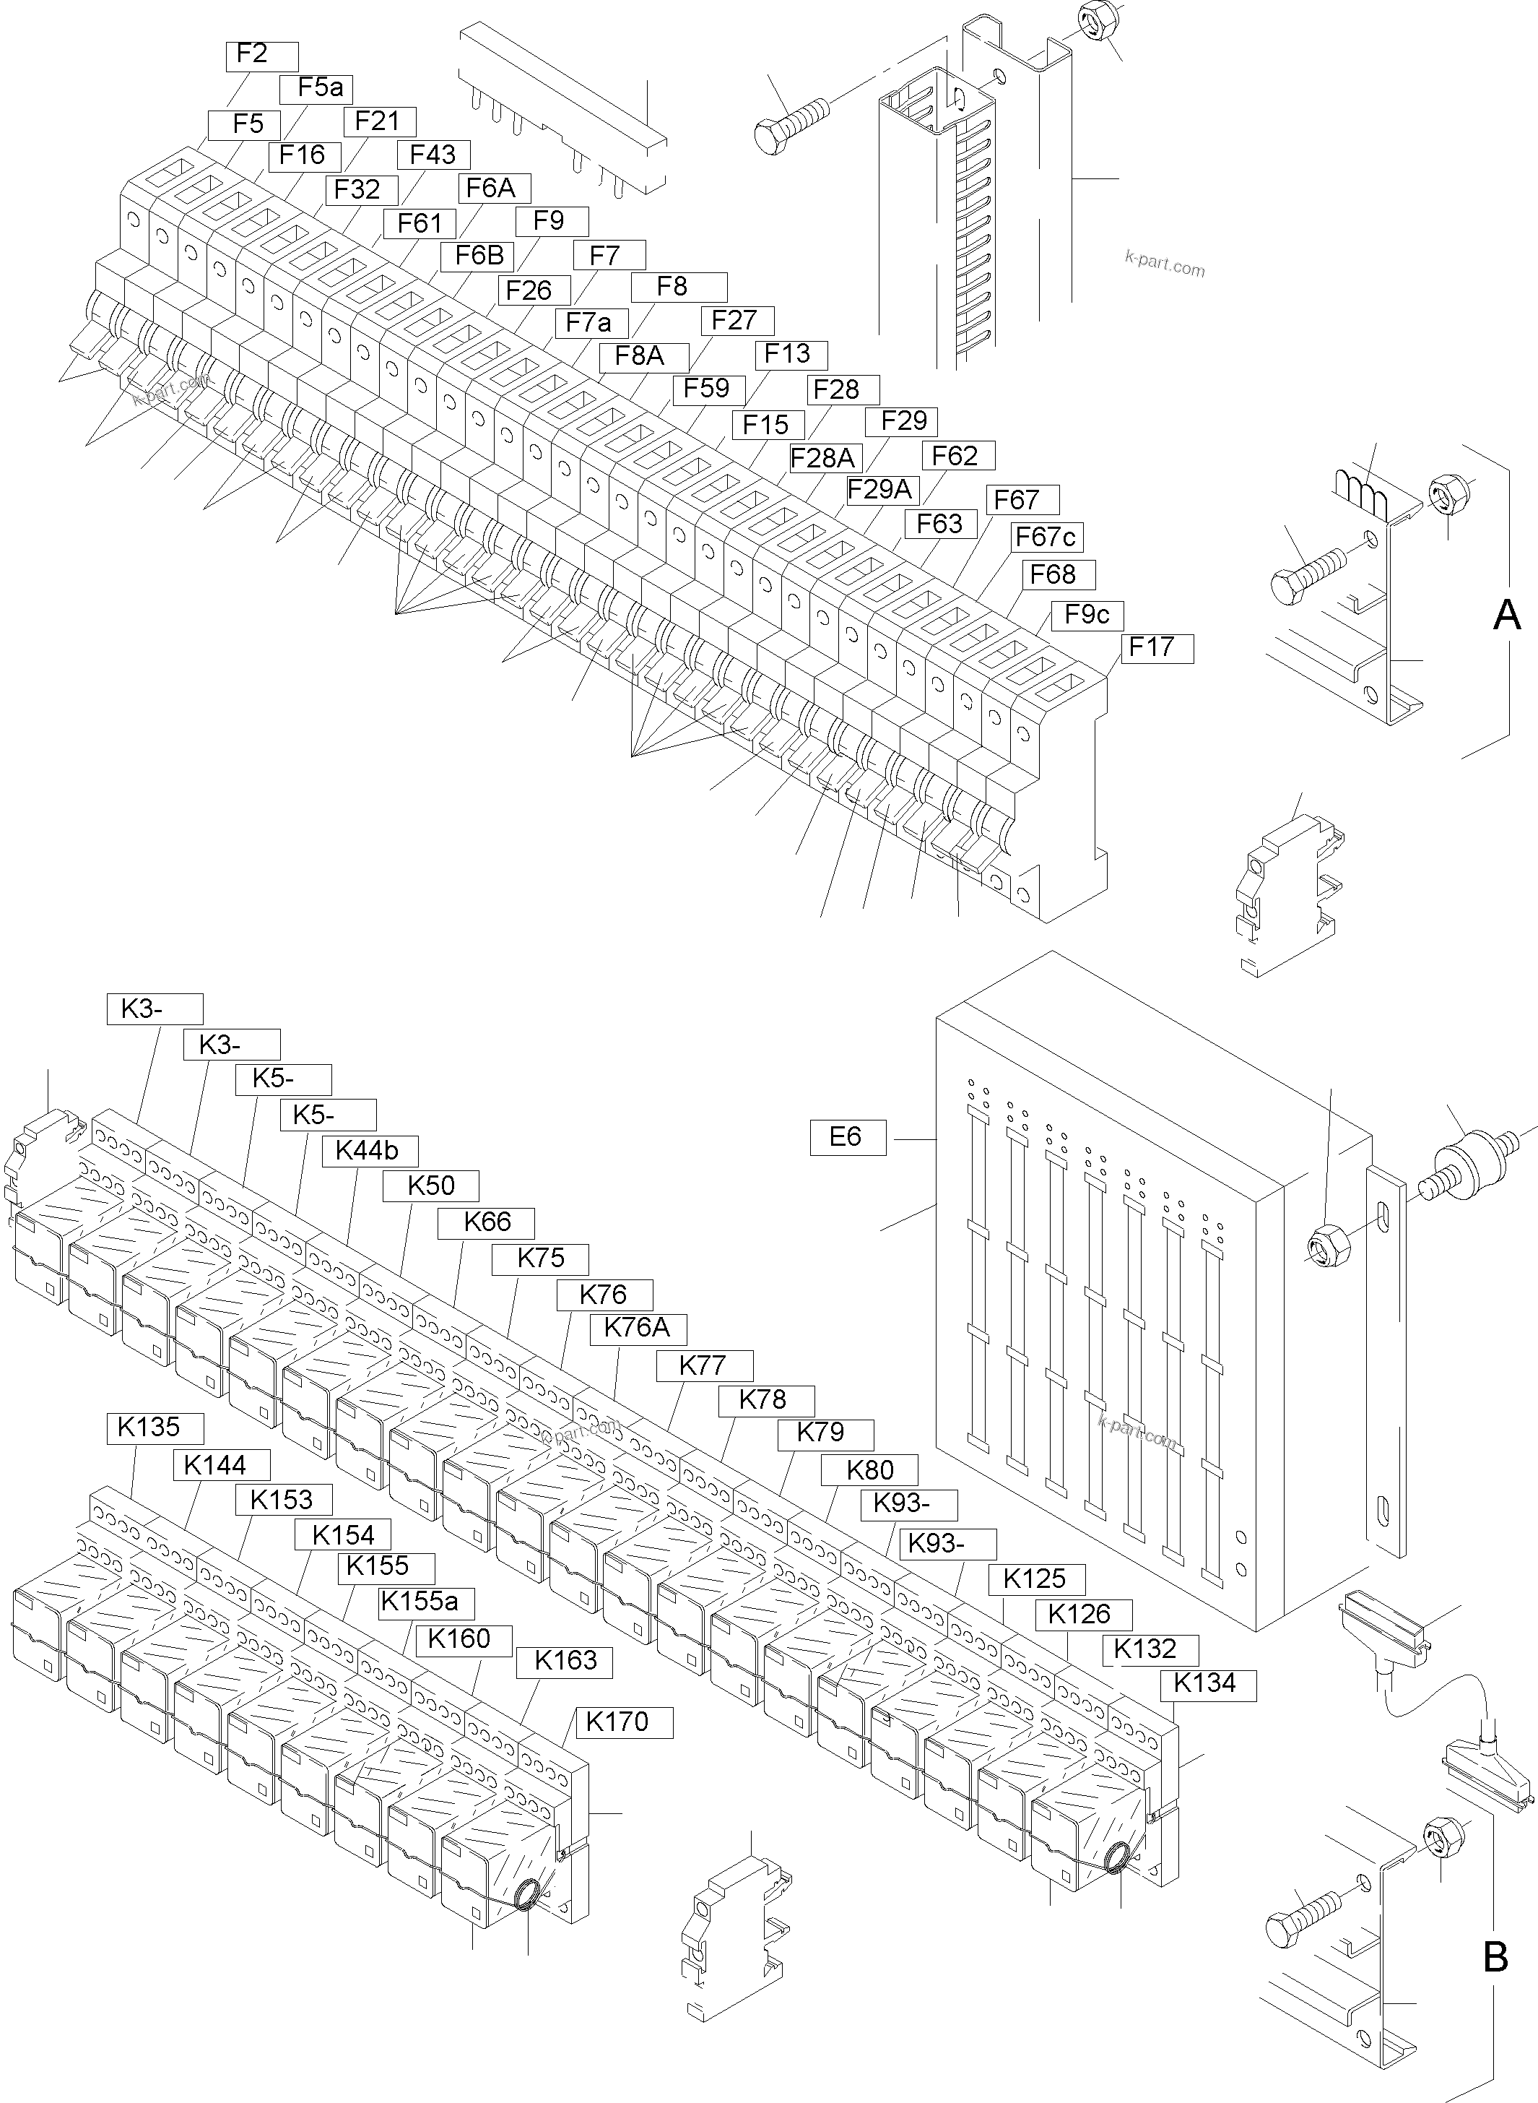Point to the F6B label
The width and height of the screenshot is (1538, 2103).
tap(479, 255)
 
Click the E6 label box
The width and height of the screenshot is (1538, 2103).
tap(847, 1136)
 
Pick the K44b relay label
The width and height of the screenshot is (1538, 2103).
tap(370, 1150)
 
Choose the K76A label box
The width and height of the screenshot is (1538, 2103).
tap(638, 1327)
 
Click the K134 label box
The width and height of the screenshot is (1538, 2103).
tap(1207, 1683)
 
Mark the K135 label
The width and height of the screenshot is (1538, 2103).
tap(155, 1427)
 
